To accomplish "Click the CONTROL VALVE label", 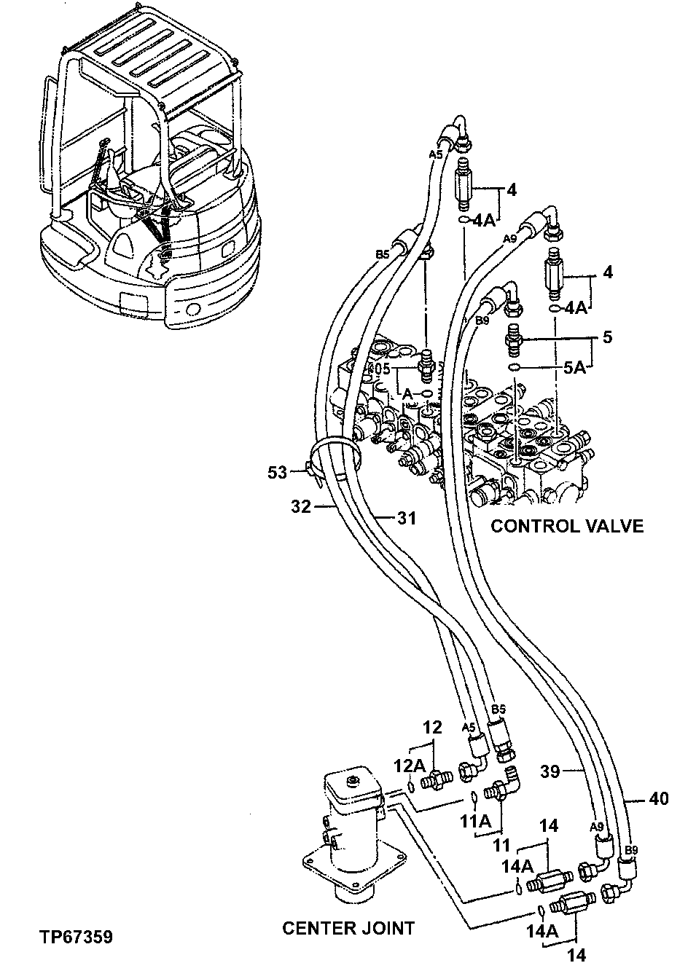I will (x=566, y=526).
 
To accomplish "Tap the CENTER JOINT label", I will (x=348, y=927).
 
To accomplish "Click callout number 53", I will (x=277, y=473).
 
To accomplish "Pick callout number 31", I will (x=406, y=518).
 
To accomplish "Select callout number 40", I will (x=658, y=799).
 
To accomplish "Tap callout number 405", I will (x=378, y=369).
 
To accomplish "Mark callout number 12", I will (x=433, y=727).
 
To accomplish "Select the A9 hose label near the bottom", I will (x=596, y=826).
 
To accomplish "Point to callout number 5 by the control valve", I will (x=607, y=337).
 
